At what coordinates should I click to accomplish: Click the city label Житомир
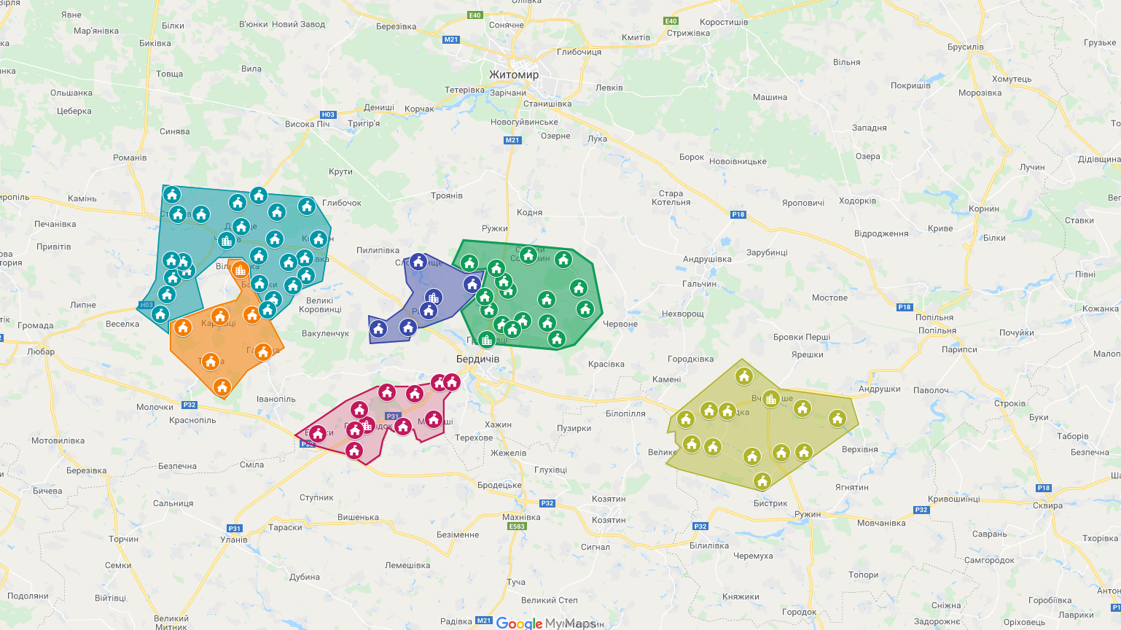pyautogui.click(x=514, y=74)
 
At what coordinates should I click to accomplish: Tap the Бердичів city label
pyautogui.click(x=477, y=359)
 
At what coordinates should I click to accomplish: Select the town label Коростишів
pyautogui.click(x=723, y=22)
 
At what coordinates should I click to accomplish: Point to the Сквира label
pyautogui.click(x=1047, y=505)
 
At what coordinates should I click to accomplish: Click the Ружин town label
pyautogui.click(x=808, y=514)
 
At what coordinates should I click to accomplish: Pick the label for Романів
pyautogui.click(x=130, y=157)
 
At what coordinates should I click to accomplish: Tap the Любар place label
pyautogui.click(x=41, y=351)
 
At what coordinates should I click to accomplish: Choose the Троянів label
pyautogui.click(x=446, y=195)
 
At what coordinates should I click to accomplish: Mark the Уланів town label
pyautogui.click(x=234, y=540)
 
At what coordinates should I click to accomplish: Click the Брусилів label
pyautogui.click(x=965, y=47)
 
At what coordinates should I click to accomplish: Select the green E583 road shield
pyautogui.click(x=517, y=526)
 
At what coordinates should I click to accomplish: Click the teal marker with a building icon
pyautogui.click(x=227, y=240)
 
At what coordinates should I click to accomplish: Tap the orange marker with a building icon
pyautogui.click(x=241, y=270)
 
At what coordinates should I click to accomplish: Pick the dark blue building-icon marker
pyautogui.click(x=434, y=297)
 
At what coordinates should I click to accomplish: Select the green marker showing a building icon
pyautogui.click(x=486, y=339)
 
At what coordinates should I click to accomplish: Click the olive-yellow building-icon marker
pyautogui.click(x=771, y=399)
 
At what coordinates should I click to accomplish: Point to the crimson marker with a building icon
pyautogui.click(x=367, y=424)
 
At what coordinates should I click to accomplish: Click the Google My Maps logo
pyautogui.click(x=545, y=623)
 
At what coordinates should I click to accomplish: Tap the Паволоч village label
pyautogui.click(x=931, y=390)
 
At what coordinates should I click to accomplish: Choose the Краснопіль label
pyautogui.click(x=192, y=420)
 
